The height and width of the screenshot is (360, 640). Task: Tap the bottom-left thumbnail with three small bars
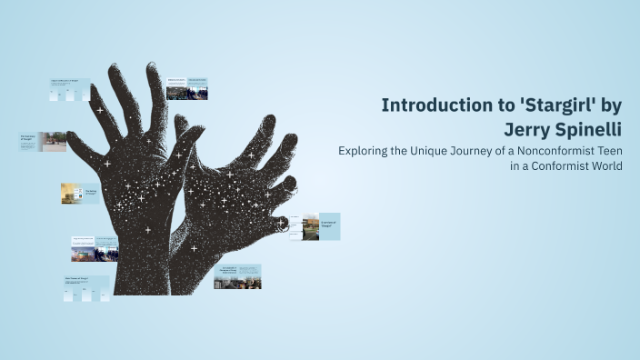tap(86, 287)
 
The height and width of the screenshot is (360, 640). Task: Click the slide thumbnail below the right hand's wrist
tap(237, 276)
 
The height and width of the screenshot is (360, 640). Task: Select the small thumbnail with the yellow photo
tap(80, 193)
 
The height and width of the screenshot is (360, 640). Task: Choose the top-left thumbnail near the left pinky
tap(70, 87)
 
